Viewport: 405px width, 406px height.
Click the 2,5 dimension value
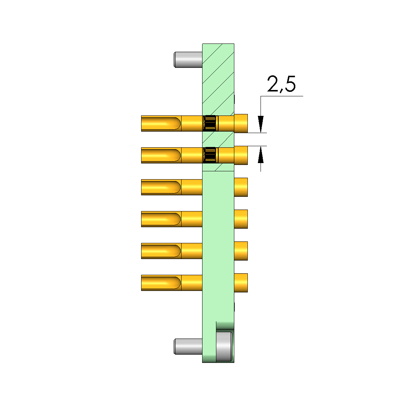(281, 84)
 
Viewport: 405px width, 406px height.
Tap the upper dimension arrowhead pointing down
(261, 124)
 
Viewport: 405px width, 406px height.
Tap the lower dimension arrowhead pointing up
(261, 154)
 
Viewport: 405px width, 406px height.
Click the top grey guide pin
(188, 60)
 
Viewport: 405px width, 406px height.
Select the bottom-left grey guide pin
(188, 346)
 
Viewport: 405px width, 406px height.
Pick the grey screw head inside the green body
(224, 346)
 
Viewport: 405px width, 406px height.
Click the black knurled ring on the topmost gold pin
(210, 123)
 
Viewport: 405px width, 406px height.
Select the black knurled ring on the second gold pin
(210, 155)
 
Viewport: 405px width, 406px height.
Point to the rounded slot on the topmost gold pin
(161, 123)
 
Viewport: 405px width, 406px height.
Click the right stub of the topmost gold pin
(241, 123)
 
